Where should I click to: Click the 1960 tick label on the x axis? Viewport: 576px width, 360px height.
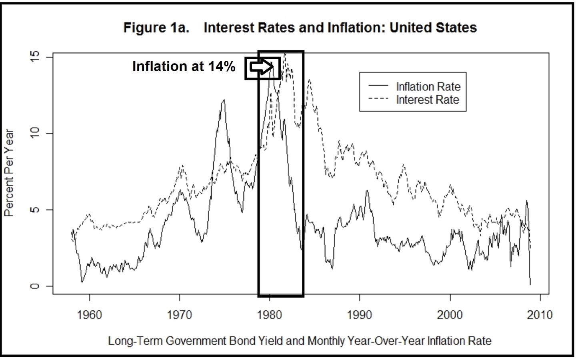89,315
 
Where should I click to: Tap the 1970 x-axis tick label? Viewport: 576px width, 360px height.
180,315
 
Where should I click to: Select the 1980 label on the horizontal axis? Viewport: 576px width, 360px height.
270,315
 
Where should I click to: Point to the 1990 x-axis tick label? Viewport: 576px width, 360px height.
360,315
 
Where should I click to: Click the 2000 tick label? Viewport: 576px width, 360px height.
450,315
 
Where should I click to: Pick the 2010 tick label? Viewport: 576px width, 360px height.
540,315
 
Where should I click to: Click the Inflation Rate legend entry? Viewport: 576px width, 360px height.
428,86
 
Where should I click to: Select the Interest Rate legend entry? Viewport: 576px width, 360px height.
427,100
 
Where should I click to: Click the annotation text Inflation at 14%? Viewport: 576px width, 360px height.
184,66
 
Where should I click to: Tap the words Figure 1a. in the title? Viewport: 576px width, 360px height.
156,28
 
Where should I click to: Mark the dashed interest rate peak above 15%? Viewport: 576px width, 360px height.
285,54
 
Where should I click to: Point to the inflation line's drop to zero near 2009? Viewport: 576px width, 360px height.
530,284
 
